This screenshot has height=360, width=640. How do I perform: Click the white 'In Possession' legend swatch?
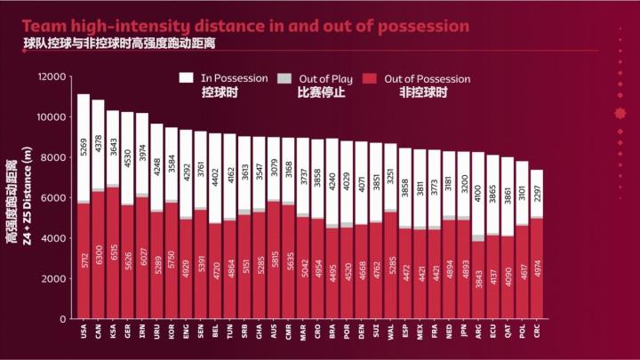click(x=188, y=78)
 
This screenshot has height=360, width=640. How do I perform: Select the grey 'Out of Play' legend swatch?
click(x=284, y=78)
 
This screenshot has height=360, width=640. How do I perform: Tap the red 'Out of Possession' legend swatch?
click(x=372, y=78)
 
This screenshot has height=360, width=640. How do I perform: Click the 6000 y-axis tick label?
click(x=52, y=198)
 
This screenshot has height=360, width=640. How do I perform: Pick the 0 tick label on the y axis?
click(x=62, y=319)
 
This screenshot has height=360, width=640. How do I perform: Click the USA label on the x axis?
click(x=84, y=331)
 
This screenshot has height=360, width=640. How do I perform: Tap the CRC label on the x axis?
click(x=536, y=331)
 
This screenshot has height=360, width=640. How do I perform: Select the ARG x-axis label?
click(x=477, y=331)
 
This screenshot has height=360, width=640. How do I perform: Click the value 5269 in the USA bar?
click(x=84, y=148)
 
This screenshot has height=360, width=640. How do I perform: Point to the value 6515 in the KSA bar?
click(x=113, y=253)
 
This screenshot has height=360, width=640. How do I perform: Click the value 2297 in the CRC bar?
click(x=536, y=193)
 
